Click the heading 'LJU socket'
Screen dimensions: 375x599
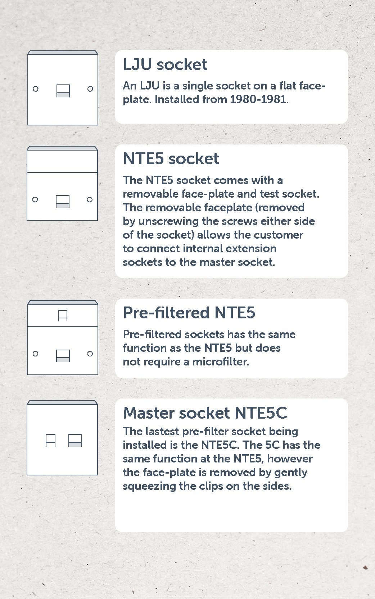click(x=165, y=64)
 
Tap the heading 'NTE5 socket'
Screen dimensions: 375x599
click(x=171, y=158)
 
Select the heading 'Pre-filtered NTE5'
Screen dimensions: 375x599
click(x=189, y=313)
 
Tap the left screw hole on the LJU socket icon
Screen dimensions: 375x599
click(x=36, y=89)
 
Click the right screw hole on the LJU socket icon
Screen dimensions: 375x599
click(x=90, y=89)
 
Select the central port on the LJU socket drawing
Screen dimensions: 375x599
click(x=63, y=91)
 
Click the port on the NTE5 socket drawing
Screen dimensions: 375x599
click(x=63, y=202)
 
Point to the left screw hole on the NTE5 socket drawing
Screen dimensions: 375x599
click(x=35, y=199)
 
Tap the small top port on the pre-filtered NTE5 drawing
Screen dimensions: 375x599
click(x=63, y=315)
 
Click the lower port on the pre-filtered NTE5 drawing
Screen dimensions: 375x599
click(x=63, y=356)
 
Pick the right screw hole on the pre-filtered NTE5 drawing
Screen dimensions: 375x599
click(x=90, y=354)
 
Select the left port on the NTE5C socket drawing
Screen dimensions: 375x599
click(x=51, y=441)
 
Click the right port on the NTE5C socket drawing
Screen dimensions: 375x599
click(x=75, y=441)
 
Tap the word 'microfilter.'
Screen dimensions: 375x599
click(x=221, y=362)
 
